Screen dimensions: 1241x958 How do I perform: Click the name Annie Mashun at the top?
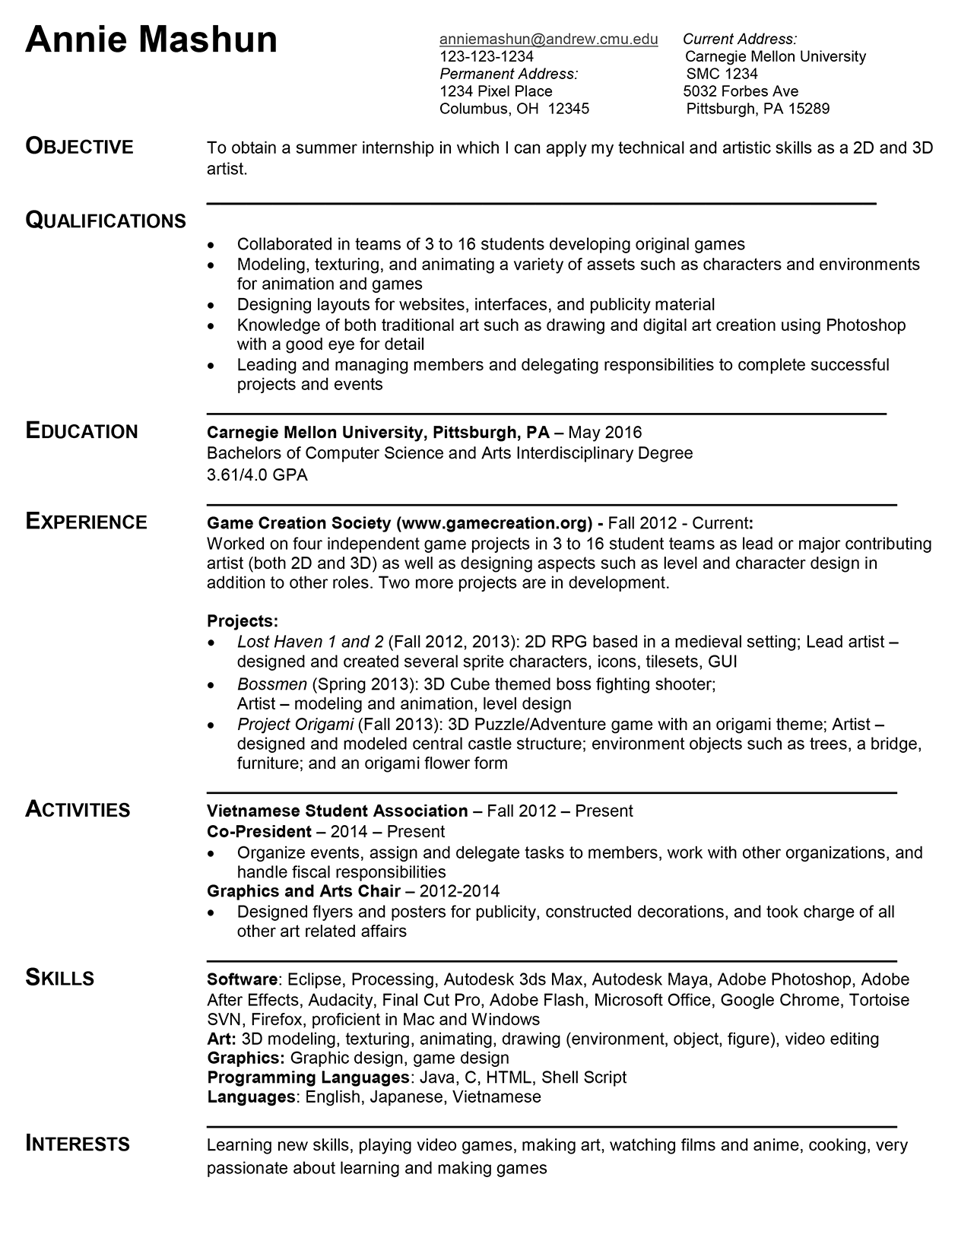pyautogui.click(x=151, y=40)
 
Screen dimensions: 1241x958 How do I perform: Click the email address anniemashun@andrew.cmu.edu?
pyautogui.click(x=548, y=40)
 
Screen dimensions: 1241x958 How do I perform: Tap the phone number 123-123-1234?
pyautogui.click(x=487, y=56)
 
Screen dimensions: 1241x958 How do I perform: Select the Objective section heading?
pyautogui.click(x=79, y=146)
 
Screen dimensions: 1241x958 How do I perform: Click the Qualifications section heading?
pyautogui.click(x=106, y=221)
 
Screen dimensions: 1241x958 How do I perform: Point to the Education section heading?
pyautogui.click(x=81, y=431)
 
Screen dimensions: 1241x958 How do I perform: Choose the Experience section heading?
pyautogui.click(x=86, y=522)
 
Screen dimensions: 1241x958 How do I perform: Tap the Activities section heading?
pyautogui.click(x=78, y=810)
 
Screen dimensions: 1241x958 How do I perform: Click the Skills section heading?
pyautogui.click(x=60, y=978)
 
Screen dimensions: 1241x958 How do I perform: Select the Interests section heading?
pyautogui.click(x=78, y=1144)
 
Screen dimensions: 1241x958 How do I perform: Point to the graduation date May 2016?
pyautogui.click(x=604, y=433)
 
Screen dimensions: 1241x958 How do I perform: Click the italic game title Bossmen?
pyautogui.click(x=271, y=684)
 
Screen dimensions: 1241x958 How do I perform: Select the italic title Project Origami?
pyautogui.click(x=295, y=724)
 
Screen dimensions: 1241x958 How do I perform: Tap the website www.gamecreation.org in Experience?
pyautogui.click(x=495, y=523)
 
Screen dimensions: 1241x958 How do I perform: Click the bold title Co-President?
pyautogui.click(x=259, y=831)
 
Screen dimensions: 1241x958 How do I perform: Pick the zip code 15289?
pyautogui.click(x=808, y=108)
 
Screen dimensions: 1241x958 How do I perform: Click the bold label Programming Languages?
pyautogui.click(x=308, y=1078)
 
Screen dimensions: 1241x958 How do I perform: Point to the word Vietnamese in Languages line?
pyautogui.click(x=496, y=1097)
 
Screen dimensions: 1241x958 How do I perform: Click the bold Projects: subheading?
pyautogui.click(x=243, y=620)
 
